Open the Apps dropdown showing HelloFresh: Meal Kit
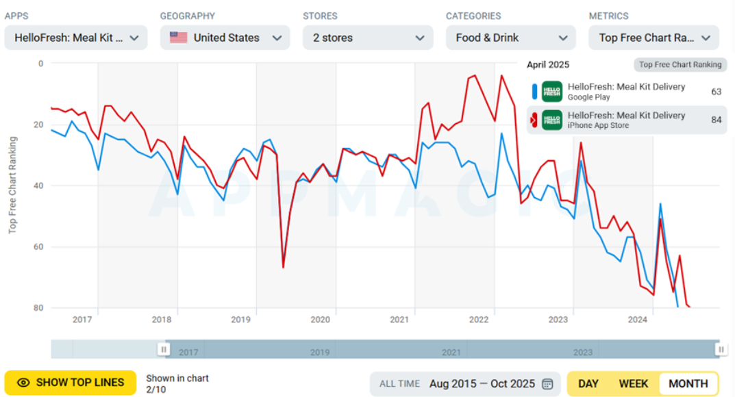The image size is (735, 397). click(x=75, y=38)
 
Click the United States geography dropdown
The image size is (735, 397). click(x=225, y=38)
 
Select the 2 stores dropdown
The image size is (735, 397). click(x=368, y=38)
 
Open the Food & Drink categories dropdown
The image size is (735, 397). click(x=510, y=38)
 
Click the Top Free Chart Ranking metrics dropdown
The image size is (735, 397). click(x=653, y=38)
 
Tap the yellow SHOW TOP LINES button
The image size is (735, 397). click(x=71, y=383)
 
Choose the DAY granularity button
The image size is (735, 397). click(x=588, y=383)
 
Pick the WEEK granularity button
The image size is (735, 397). click(x=634, y=383)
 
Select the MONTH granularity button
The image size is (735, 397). click(x=688, y=383)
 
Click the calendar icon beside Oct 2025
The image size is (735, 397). click(x=547, y=383)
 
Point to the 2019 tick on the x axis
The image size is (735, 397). click(x=240, y=320)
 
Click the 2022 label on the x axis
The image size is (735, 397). click(x=479, y=320)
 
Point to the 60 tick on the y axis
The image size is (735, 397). click(x=38, y=247)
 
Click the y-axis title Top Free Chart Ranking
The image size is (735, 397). click(x=12, y=185)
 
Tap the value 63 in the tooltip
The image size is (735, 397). click(x=716, y=92)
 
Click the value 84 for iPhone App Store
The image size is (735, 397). click(x=716, y=120)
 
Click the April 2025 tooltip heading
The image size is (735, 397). click(x=548, y=65)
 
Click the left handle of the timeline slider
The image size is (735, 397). click(x=164, y=349)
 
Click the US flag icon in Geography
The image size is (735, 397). click(x=178, y=38)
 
